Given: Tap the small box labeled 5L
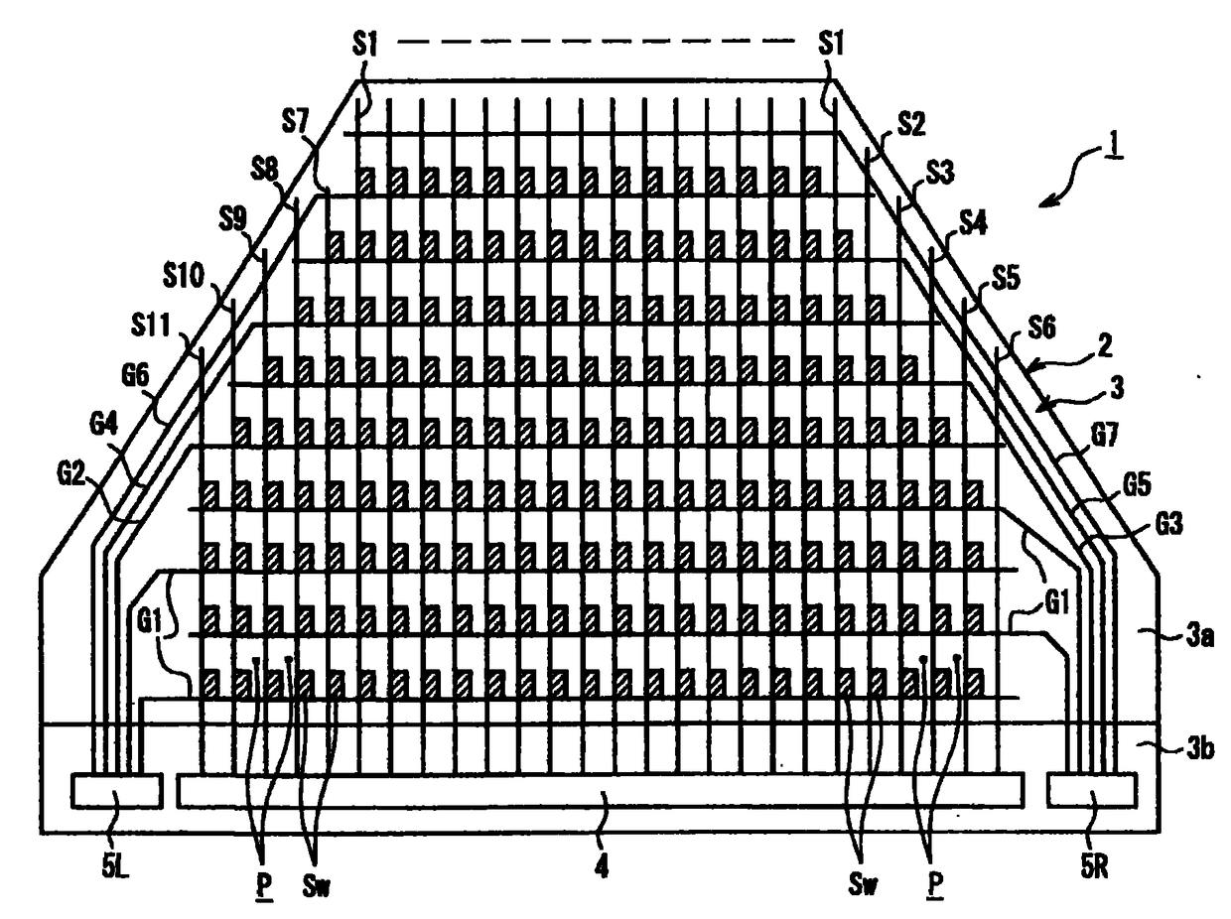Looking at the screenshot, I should coord(117,791).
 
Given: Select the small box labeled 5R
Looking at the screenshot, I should coord(1092,791).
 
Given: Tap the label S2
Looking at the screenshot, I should coord(912,124).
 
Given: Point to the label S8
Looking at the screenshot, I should coord(265,169).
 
